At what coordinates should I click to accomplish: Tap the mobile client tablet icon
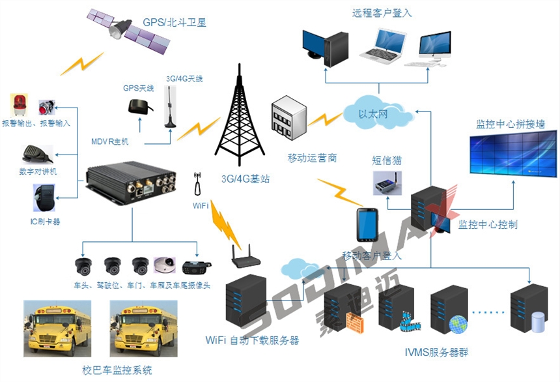(367, 226)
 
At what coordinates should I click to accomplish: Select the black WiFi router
(246, 259)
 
